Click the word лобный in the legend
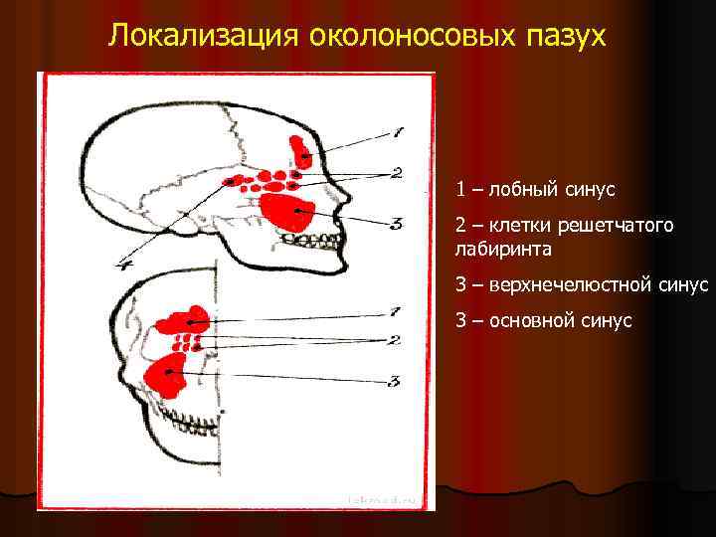pos(519,188)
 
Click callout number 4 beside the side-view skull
pos(125,263)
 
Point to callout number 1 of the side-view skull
pos(397,130)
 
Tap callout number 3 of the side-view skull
pos(395,224)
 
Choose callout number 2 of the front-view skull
pos(394,340)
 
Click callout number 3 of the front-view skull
pos(394,380)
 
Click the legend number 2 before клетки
pos(460,226)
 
